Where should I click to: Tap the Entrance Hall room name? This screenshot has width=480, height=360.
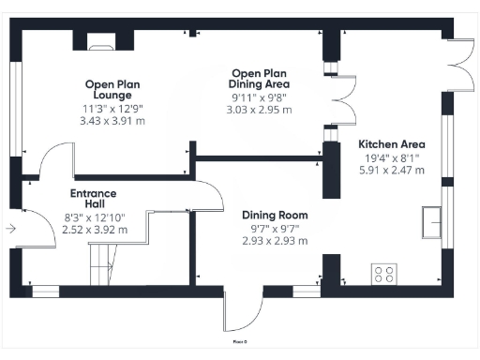coord(93,200)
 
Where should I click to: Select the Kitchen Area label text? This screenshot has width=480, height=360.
coord(392,144)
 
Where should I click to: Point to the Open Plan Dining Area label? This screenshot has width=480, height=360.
coord(260,78)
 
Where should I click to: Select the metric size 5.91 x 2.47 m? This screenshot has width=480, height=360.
coord(392,171)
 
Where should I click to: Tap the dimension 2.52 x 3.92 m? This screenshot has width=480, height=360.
coord(93,228)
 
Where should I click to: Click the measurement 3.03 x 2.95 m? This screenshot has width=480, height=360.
coord(260,110)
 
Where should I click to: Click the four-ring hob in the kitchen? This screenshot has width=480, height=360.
coord(384,274)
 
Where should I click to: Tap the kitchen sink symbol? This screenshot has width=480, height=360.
coord(433,221)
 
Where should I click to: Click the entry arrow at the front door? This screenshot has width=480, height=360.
coord(9,228)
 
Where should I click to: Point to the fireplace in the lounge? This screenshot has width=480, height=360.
coord(98,40)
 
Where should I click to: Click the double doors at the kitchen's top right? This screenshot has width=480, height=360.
coord(457,65)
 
